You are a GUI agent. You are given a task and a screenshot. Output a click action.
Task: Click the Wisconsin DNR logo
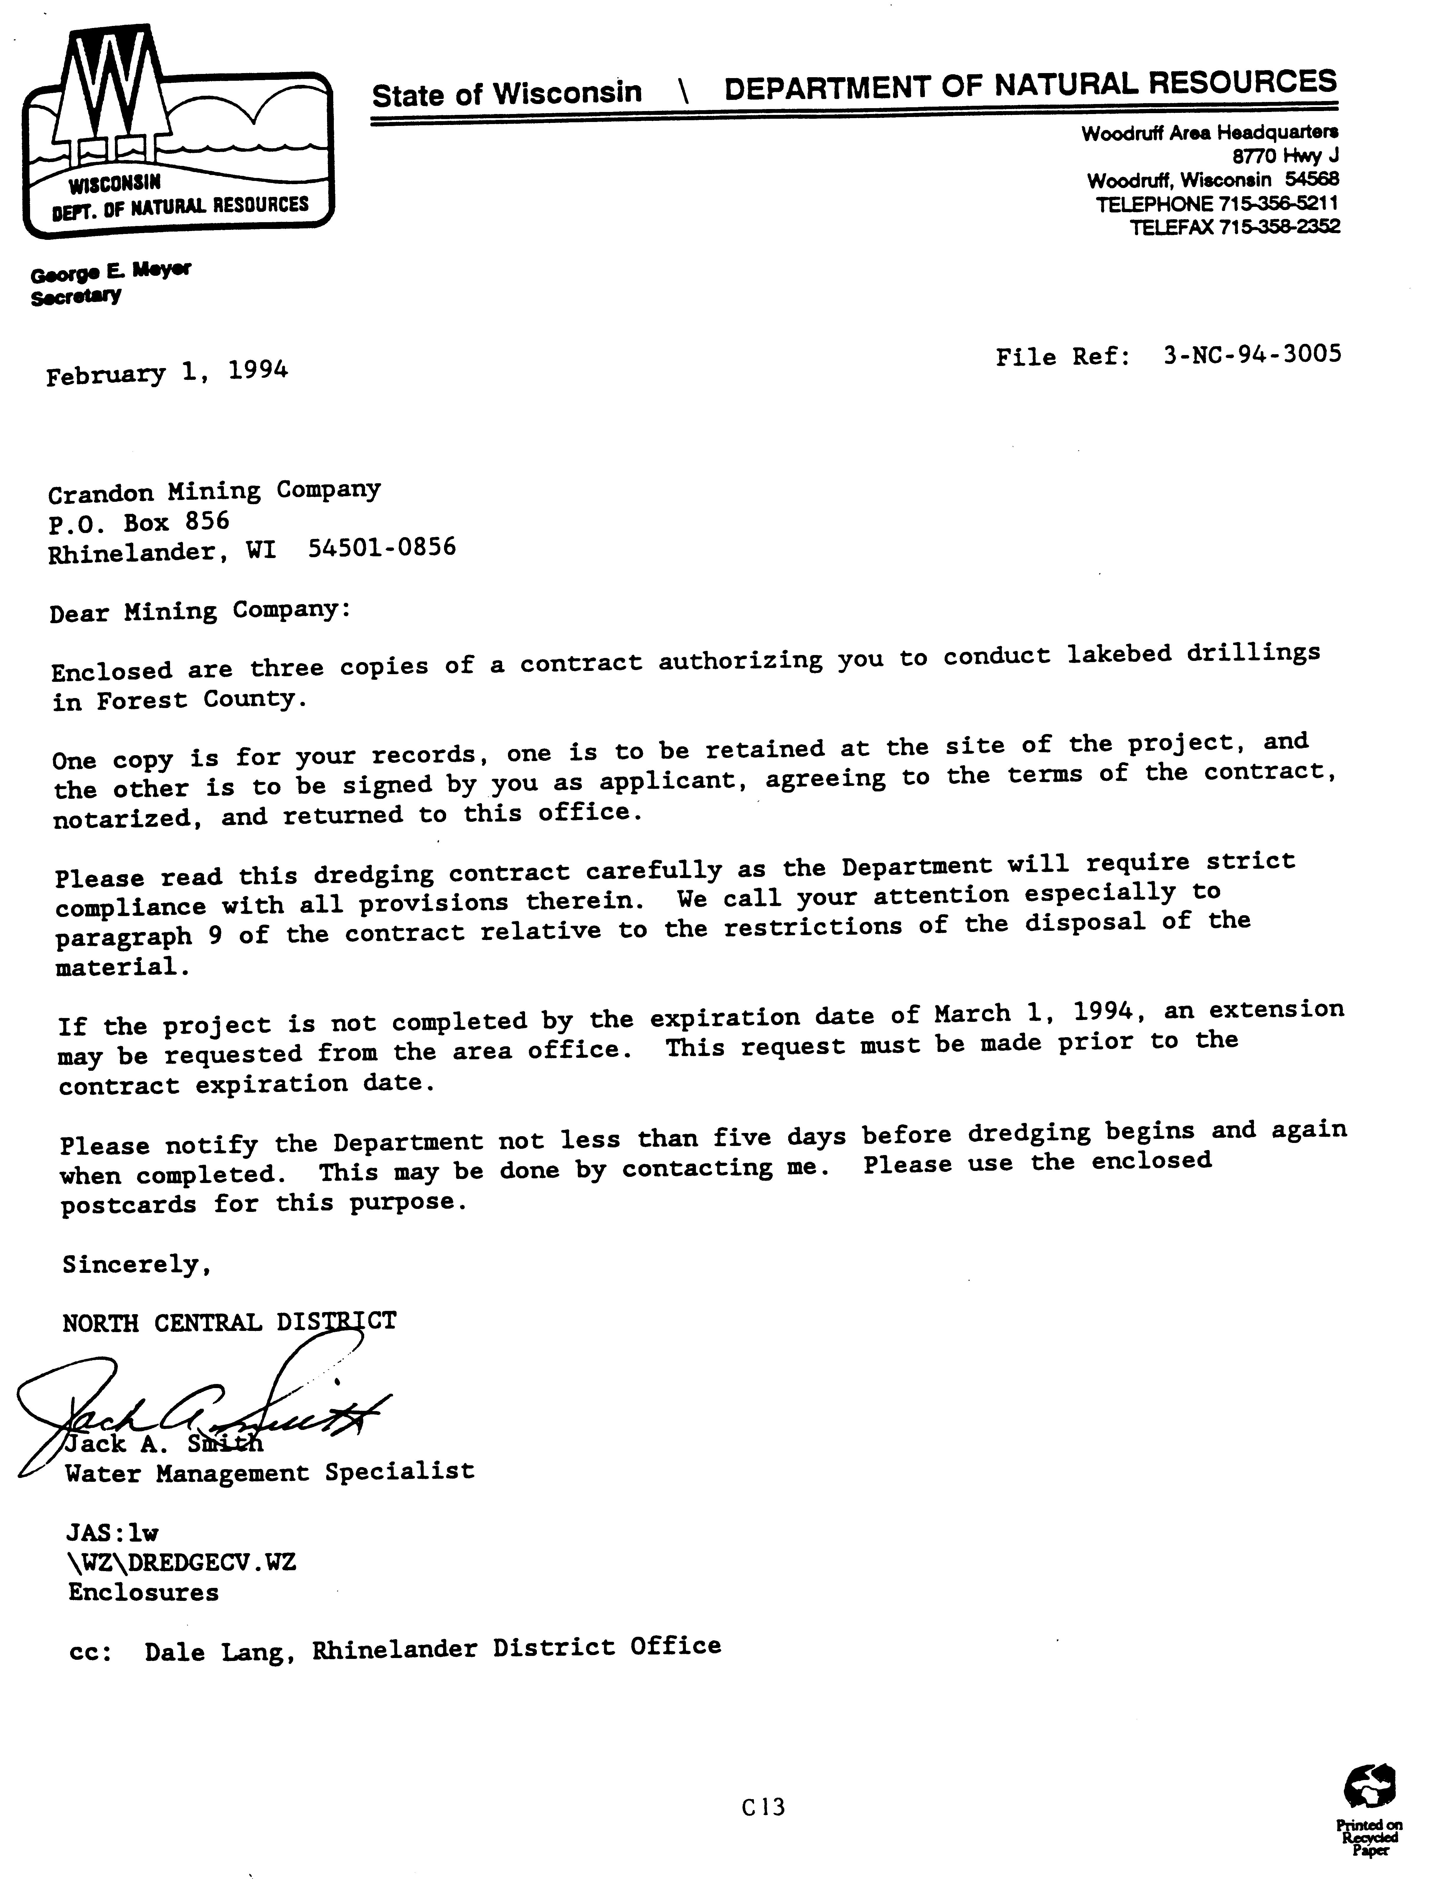pos(177,132)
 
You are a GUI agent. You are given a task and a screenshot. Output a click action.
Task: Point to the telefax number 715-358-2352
pos(1278,226)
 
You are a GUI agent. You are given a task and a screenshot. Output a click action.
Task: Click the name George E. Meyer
pos(110,272)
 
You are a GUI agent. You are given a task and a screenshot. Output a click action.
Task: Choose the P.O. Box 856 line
pos(139,521)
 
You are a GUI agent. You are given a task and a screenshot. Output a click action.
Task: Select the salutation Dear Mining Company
pos(199,611)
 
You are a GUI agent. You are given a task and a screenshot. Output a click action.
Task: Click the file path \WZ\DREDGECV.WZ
pos(182,1563)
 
